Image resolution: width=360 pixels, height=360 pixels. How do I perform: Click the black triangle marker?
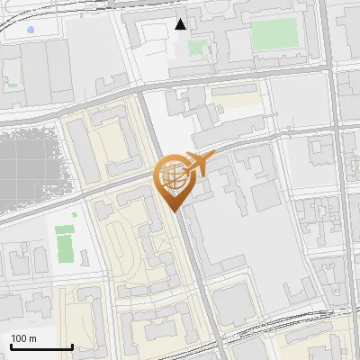click(181, 24)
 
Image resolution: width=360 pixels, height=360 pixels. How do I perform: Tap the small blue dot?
click(31, 30)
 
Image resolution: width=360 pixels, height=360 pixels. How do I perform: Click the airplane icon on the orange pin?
click(196, 165)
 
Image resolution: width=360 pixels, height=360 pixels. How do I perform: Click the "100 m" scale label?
click(23, 338)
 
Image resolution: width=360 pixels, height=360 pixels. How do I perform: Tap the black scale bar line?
click(41, 347)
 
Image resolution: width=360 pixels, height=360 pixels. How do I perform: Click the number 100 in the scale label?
click(19, 338)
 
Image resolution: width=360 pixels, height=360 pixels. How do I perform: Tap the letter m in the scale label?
click(32, 338)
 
